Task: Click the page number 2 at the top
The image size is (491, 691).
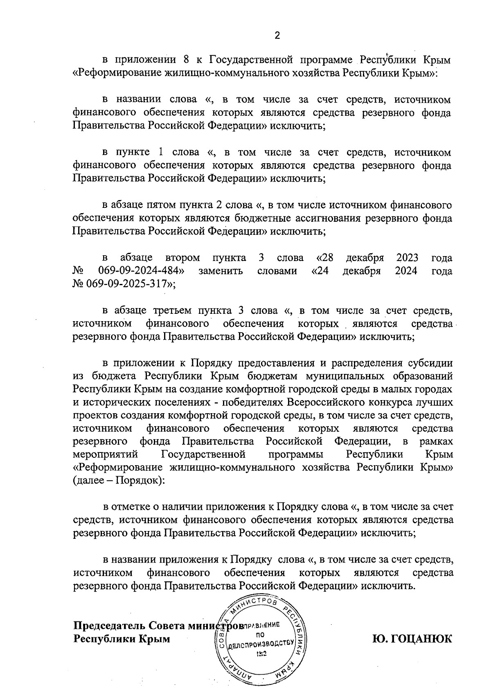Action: (x=277, y=36)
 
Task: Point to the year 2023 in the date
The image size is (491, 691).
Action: (x=407, y=258)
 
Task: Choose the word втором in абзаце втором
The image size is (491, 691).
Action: (x=183, y=258)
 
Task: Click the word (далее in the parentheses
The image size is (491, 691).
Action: (x=91, y=481)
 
